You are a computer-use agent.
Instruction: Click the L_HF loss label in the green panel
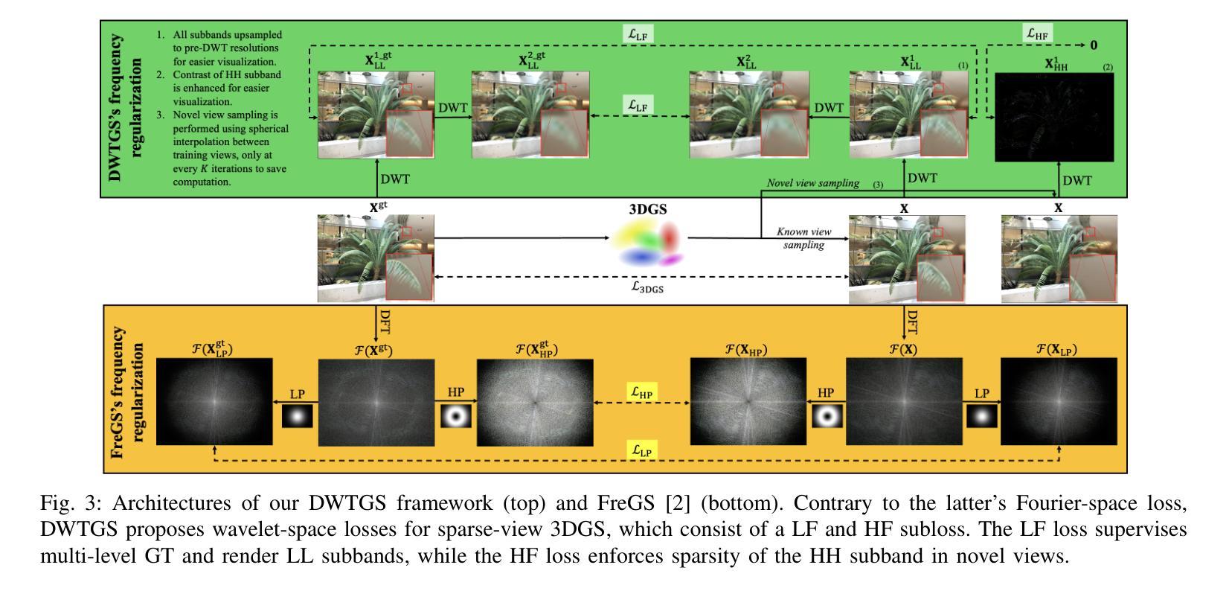(1037, 33)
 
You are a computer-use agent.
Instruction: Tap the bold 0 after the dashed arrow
(1094, 45)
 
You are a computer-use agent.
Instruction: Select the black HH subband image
(1054, 118)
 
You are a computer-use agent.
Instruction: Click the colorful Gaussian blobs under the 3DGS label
(646, 246)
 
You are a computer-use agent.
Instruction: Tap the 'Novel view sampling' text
(813, 183)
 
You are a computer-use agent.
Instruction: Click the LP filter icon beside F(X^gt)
(297, 416)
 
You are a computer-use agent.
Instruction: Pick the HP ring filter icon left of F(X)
(825, 416)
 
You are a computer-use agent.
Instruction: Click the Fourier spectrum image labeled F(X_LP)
(1059, 401)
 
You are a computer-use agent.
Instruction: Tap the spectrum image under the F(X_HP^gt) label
(535, 402)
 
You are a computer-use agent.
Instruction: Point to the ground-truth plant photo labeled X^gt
(375, 258)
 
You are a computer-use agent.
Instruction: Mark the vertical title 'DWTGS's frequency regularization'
(125, 109)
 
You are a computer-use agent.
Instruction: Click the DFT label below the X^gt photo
(385, 322)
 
